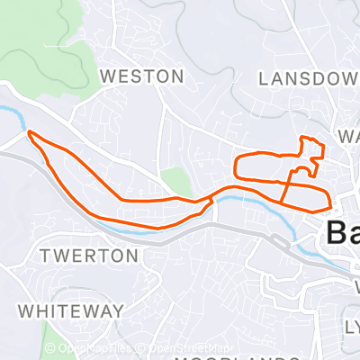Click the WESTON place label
(141, 77)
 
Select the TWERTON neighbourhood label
(90, 256)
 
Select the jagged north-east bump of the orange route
(310, 148)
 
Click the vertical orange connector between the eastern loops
(286, 187)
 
